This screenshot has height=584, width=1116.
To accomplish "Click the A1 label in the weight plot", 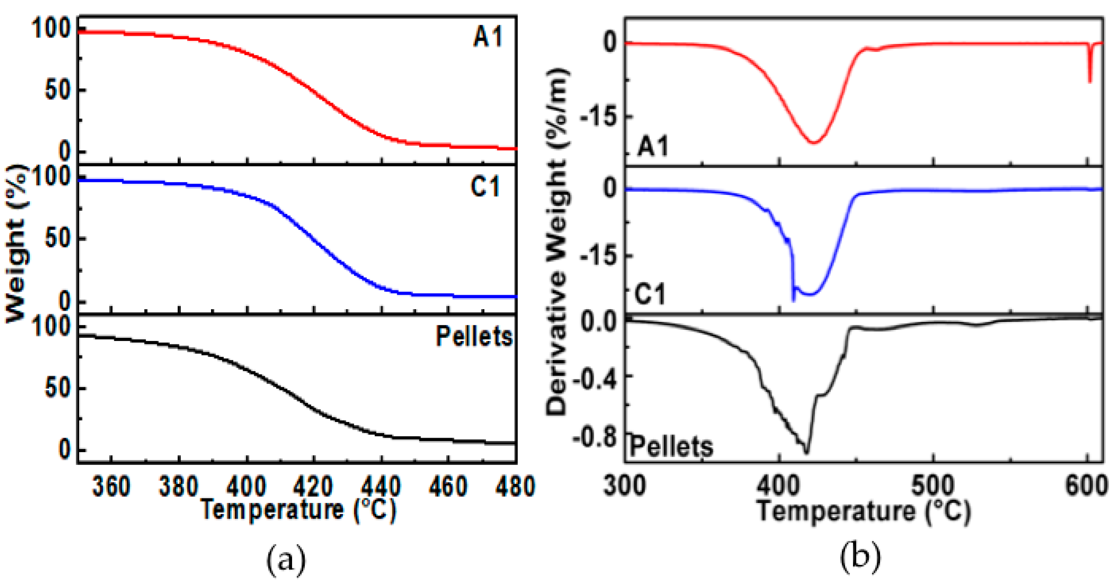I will (487, 37).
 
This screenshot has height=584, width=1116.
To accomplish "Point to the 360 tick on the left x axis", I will (111, 487).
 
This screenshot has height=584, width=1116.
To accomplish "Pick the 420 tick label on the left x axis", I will (313, 487).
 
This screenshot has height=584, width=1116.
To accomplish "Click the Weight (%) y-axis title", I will (16, 243).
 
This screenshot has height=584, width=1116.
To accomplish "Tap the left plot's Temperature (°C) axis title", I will (299, 510).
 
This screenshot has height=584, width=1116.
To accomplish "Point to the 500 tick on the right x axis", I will (932, 487).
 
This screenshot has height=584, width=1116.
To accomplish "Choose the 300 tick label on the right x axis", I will (625, 487).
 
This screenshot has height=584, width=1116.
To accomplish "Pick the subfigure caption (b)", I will (860, 559).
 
